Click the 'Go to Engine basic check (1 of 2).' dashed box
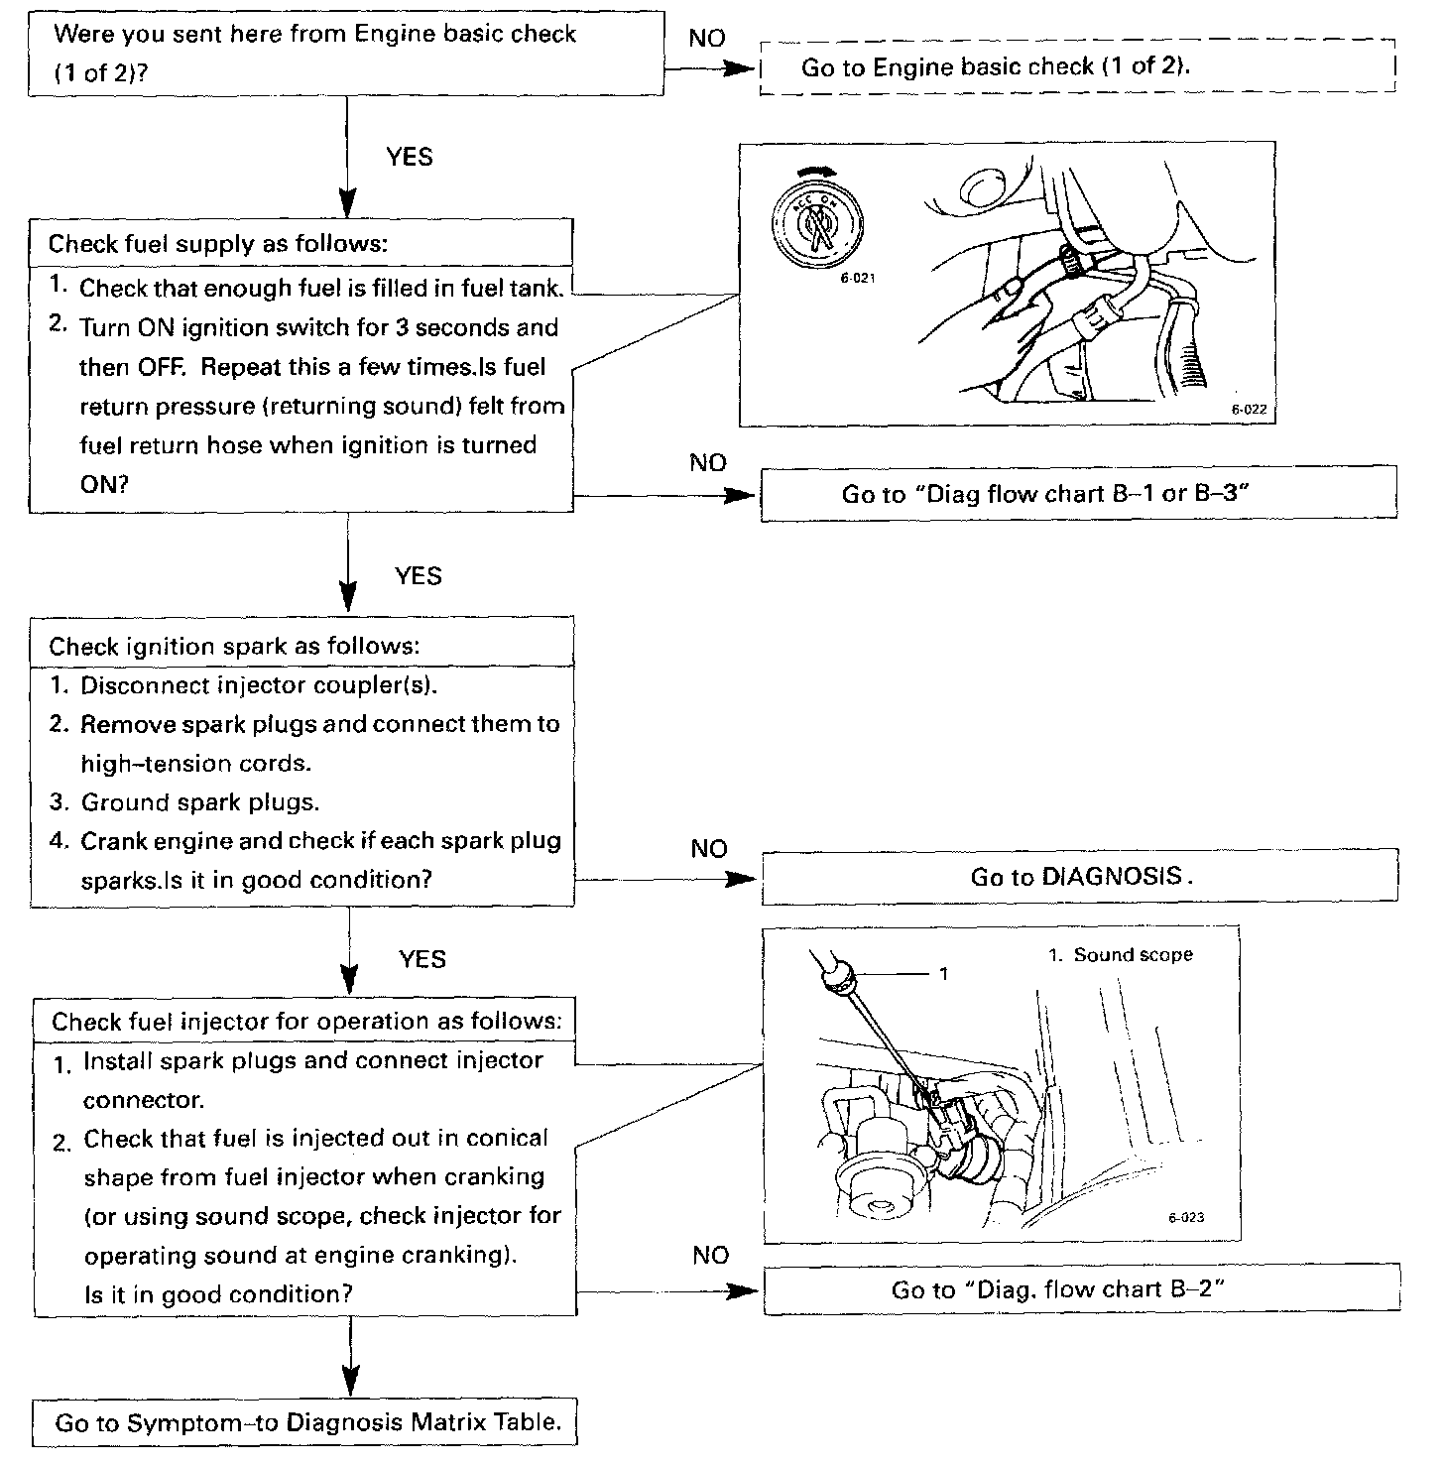pyautogui.click(x=1077, y=67)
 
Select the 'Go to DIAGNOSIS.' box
pyautogui.click(x=1079, y=877)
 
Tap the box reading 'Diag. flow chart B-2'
pyautogui.click(x=1081, y=1289)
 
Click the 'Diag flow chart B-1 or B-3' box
pyautogui.click(x=1078, y=493)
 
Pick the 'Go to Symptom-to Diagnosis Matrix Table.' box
pyautogui.click(x=307, y=1423)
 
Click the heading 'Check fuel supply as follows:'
pyautogui.click(x=218, y=243)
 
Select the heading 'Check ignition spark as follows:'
pyautogui.click(x=234, y=647)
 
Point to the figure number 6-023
pyautogui.click(x=1186, y=1218)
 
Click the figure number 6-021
pyautogui.click(x=858, y=279)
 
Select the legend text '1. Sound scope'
pyautogui.click(x=1120, y=955)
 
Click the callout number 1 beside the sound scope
pyautogui.click(x=943, y=974)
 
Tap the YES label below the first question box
pyautogui.click(x=409, y=157)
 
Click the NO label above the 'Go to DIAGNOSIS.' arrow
pyautogui.click(x=709, y=849)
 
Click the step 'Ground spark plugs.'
pyautogui.click(x=199, y=802)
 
